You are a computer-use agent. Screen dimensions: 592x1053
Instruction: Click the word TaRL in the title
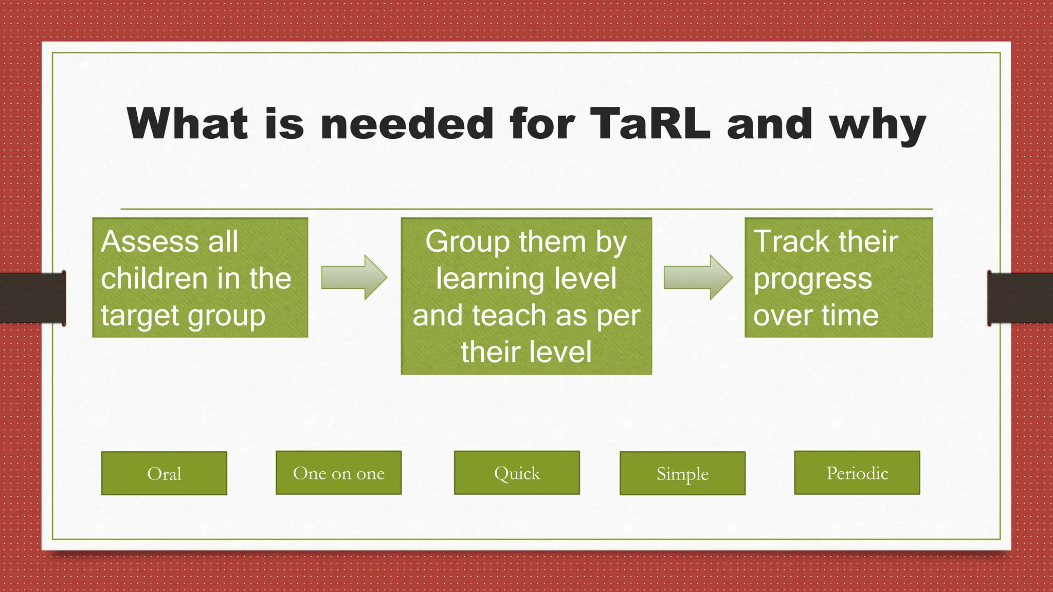click(650, 124)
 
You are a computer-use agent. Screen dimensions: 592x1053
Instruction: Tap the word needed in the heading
click(407, 124)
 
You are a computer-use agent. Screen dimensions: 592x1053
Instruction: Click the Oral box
click(164, 473)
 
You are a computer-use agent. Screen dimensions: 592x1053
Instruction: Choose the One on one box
click(338, 473)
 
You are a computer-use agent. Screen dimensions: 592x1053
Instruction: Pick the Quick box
click(517, 473)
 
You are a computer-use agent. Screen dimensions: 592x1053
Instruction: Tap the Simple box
click(682, 473)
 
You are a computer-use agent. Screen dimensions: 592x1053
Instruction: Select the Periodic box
click(857, 473)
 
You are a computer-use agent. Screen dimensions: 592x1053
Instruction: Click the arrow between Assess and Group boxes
click(354, 277)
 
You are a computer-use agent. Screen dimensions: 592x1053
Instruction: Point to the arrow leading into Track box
click(698, 277)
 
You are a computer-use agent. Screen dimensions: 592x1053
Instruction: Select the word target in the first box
click(138, 316)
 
